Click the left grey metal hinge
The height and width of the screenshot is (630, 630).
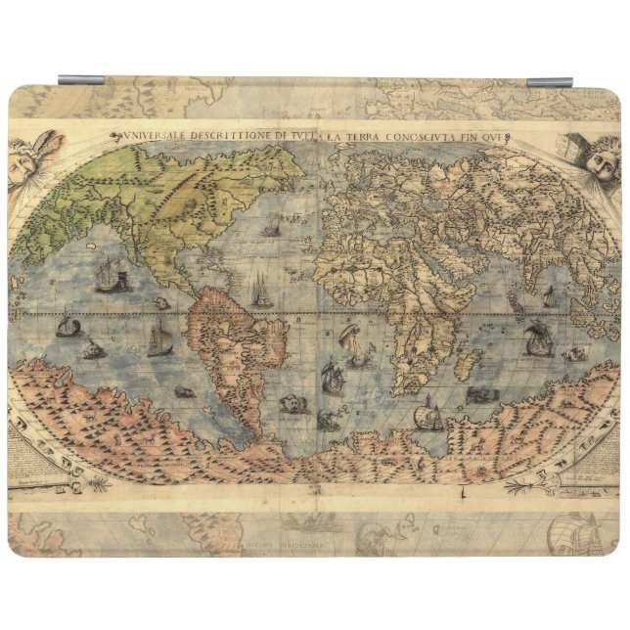tap(81, 80)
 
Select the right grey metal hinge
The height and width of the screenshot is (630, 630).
tap(550, 82)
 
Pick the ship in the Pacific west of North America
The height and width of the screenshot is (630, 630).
tap(111, 278)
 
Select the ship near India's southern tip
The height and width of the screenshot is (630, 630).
tap(537, 337)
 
